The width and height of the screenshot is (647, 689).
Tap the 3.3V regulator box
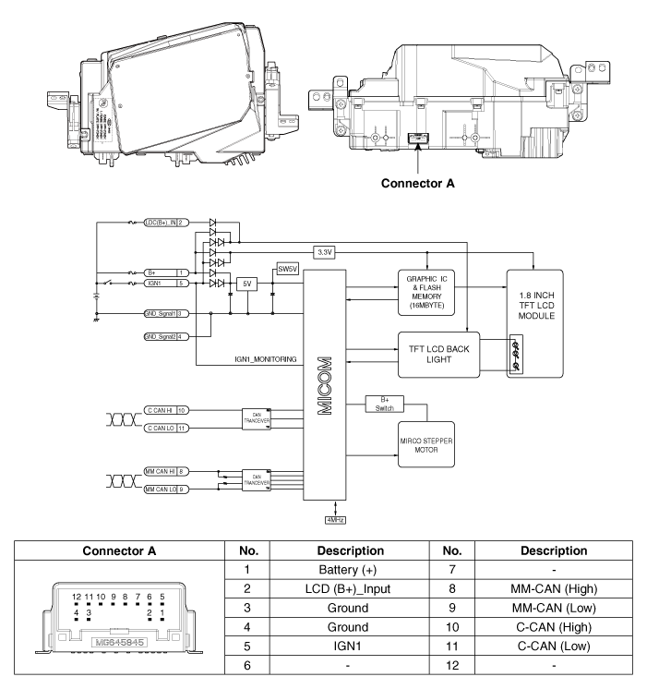324,251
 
